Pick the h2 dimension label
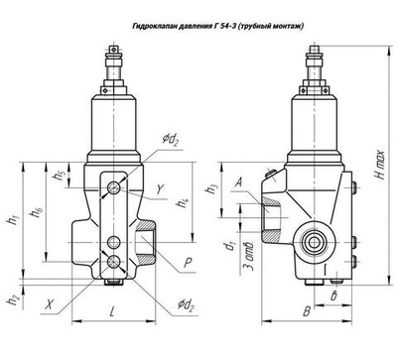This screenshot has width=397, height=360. click(x=13, y=299)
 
